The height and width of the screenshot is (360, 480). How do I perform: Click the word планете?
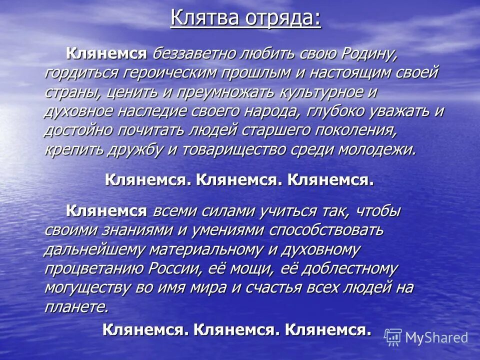click(x=76, y=306)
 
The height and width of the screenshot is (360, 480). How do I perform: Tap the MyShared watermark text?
click(x=436, y=338)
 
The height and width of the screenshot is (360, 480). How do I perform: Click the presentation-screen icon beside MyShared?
click(x=393, y=337)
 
